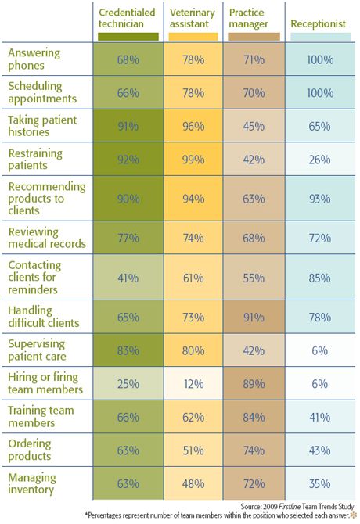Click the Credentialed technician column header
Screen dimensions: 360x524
[x=127, y=18]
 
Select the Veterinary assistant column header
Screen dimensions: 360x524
[x=193, y=18]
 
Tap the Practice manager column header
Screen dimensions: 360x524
[x=248, y=18]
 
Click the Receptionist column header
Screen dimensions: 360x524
[x=318, y=23]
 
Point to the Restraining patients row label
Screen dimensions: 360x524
[x=35, y=159]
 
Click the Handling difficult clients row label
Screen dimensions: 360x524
[x=44, y=317]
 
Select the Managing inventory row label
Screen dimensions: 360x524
[x=32, y=483]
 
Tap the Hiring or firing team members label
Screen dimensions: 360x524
[x=45, y=383]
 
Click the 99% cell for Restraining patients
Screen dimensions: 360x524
[x=193, y=159]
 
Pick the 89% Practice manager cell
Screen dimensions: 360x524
[x=254, y=383]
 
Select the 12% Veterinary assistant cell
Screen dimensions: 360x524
[x=193, y=383]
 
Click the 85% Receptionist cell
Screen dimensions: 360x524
[x=320, y=278]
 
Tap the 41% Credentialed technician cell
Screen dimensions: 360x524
[x=128, y=278]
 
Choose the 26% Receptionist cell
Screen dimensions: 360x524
[x=320, y=159]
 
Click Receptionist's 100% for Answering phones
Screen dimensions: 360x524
[x=320, y=59]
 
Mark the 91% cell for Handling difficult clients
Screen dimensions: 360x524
[x=254, y=317]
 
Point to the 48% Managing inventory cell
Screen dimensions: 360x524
[x=193, y=483]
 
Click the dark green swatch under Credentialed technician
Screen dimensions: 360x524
[x=128, y=37]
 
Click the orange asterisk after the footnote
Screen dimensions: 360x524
[x=353, y=515]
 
